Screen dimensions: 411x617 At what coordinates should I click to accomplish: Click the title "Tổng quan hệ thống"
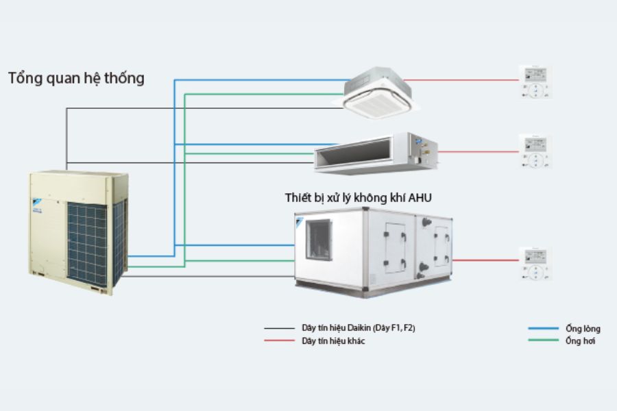(76, 78)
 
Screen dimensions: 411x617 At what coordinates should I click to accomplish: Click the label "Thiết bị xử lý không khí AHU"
(359, 197)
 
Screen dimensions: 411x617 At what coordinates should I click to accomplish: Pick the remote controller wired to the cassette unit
(535, 83)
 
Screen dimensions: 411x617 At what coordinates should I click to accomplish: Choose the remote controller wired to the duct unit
(535, 151)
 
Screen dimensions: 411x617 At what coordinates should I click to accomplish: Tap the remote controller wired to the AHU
(535, 264)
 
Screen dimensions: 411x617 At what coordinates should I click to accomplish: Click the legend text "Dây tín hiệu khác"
(333, 340)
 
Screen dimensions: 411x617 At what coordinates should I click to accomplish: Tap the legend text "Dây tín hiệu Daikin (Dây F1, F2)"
(358, 328)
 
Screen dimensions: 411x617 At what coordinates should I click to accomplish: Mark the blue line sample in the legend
(543, 329)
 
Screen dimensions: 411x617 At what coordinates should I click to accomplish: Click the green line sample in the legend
(543, 340)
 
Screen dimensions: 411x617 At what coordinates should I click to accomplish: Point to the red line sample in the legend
(278, 340)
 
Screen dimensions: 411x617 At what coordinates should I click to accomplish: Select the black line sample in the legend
(278, 328)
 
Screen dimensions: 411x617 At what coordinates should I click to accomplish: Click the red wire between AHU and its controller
(485, 260)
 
